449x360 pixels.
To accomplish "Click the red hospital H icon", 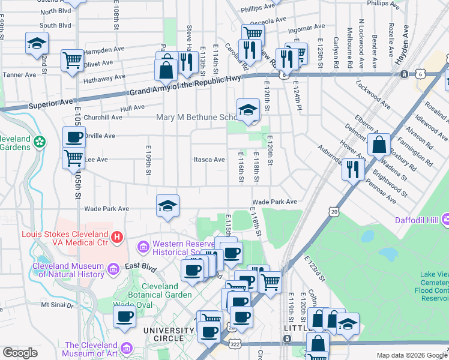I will [118, 238].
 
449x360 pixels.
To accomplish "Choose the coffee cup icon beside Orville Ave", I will [74, 137].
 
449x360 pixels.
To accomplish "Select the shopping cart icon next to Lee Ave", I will [73, 158].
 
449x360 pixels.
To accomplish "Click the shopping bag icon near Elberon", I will [379, 145].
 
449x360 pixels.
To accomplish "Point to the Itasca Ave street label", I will [209, 160].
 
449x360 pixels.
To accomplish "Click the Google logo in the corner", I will [20, 353].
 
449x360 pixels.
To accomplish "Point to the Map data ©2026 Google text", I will [411, 355].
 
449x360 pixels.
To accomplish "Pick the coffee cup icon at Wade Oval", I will [125, 317].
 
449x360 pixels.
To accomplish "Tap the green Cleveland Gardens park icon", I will [40, 142].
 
